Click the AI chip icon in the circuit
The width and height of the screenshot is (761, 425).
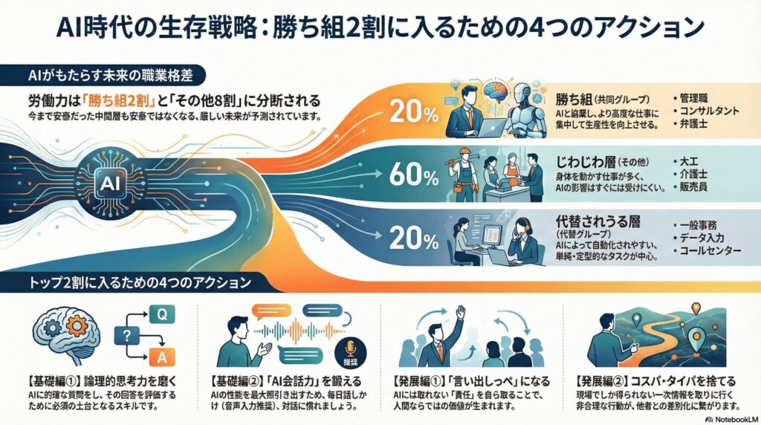(x=109, y=182)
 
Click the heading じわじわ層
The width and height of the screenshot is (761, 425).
(x=587, y=160)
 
